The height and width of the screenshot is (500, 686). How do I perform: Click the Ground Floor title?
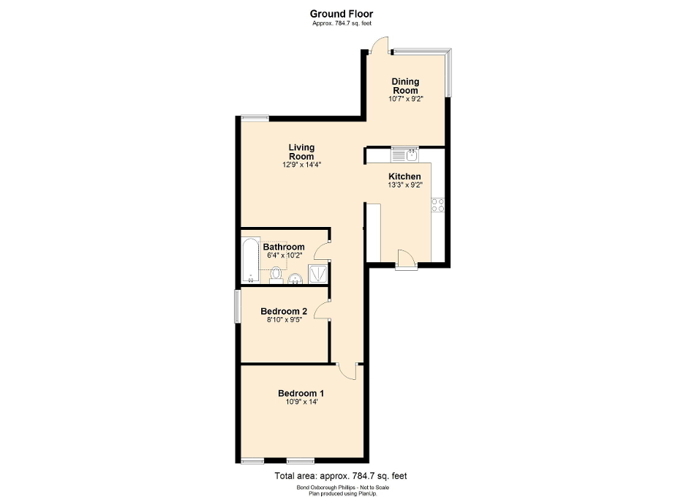click(342, 13)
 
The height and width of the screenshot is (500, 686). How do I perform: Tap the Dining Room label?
click(404, 86)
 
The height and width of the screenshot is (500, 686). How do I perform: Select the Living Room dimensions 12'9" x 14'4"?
click(302, 165)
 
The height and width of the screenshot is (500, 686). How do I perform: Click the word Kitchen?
click(404, 177)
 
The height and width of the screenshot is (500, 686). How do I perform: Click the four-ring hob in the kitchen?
click(438, 205)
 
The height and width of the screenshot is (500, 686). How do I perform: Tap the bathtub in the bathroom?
click(250, 261)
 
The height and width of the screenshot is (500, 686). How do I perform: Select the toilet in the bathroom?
click(276, 274)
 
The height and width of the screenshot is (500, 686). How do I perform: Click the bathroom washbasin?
click(295, 277)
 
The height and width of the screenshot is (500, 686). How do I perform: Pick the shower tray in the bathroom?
click(318, 273)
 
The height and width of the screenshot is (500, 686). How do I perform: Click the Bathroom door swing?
click(322, 252)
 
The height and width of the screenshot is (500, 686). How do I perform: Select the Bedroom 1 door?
click(347, 370)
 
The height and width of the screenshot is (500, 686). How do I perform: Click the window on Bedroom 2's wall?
click(237, 306)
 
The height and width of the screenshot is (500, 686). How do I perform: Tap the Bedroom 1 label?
click(301, 394)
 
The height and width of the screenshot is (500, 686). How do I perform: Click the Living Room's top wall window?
click(255, 117)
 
